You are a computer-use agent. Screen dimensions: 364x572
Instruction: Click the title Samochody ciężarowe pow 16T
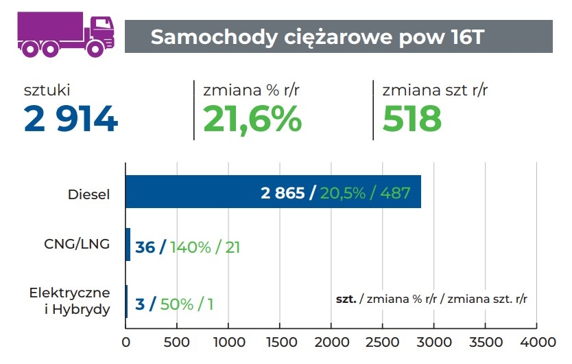(318, 37)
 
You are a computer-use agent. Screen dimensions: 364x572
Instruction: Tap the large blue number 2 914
(71, 119)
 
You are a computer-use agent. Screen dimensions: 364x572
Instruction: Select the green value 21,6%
(252, 119)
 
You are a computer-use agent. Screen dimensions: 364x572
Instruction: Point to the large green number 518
(412, 119)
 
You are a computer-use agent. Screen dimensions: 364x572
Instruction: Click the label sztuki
(47, 90)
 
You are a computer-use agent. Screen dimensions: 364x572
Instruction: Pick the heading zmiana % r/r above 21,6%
(252, 90)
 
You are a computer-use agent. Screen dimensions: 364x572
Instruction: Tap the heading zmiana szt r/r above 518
(435, 90)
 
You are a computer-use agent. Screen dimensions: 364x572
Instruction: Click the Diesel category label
(88, 194)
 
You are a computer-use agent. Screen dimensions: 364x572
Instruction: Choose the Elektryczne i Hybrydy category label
(70, 301)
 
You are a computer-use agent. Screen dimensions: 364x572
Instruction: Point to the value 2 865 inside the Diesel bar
(282, 194)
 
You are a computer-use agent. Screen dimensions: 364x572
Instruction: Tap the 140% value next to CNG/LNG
(190, 247)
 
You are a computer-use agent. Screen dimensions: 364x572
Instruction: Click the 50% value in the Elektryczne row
(176, 304)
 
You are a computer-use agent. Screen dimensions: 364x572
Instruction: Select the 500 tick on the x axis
(177, 342)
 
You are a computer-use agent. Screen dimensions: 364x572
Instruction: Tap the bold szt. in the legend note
(345, 299)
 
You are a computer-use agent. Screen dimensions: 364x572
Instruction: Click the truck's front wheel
(95, 48)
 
